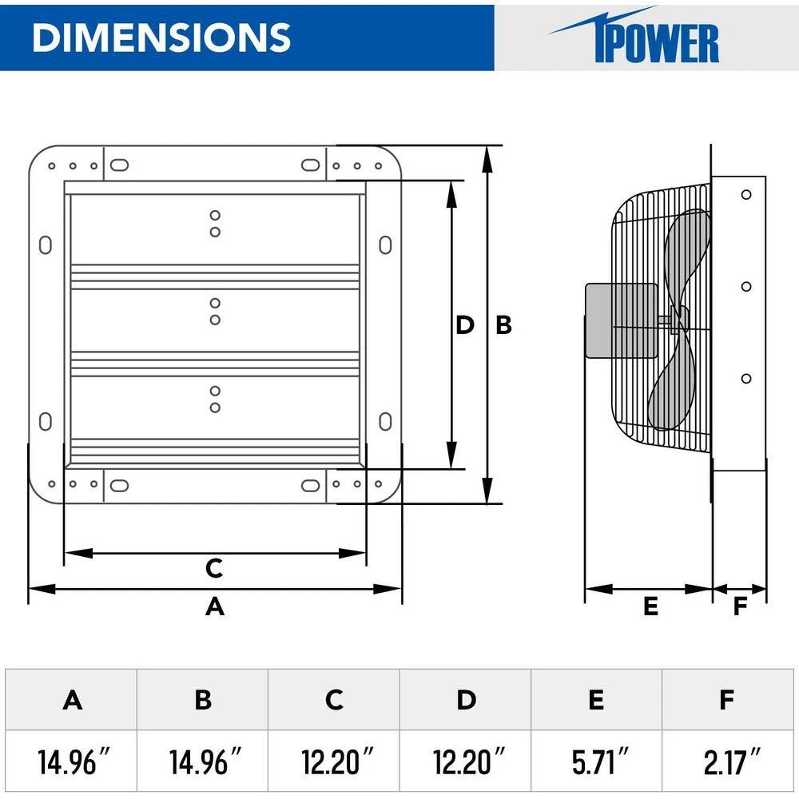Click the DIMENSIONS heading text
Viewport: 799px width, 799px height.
[161, 38]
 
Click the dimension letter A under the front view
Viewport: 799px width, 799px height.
[215, 606]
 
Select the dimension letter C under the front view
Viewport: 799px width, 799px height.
[213, 568]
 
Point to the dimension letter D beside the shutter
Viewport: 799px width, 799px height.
[464, 325]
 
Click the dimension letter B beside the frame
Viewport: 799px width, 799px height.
[503, 325]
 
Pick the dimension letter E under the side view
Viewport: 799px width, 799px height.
[650, 606]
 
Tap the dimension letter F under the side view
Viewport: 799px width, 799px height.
[740, 606]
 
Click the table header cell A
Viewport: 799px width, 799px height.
[73, 700]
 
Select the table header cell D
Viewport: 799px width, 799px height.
[466, 700]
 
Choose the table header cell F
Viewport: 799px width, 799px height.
[726, 700]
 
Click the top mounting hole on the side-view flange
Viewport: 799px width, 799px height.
[746, 194]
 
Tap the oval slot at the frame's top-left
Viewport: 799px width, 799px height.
[117, 165]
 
